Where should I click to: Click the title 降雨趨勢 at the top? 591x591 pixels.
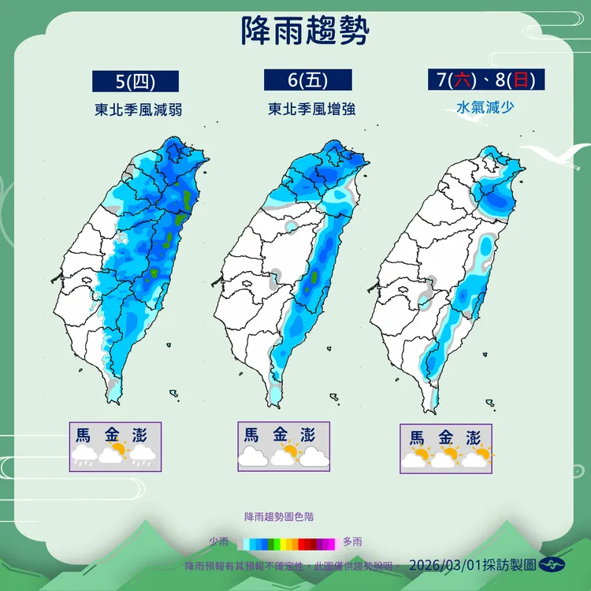tap(303, 32)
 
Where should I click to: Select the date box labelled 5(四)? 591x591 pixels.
tap(136, 81)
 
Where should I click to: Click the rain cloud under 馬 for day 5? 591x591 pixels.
tap(84, 455)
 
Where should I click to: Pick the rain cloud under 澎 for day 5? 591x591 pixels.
tap(143, 455)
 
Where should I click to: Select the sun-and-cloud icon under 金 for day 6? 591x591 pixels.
tap(284, 455)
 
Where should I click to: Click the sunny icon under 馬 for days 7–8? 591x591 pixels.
tap(417, 458)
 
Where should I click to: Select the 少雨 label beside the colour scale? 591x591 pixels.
tap(219, 542)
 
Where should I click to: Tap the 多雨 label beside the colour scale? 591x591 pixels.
tap(353, 542)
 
